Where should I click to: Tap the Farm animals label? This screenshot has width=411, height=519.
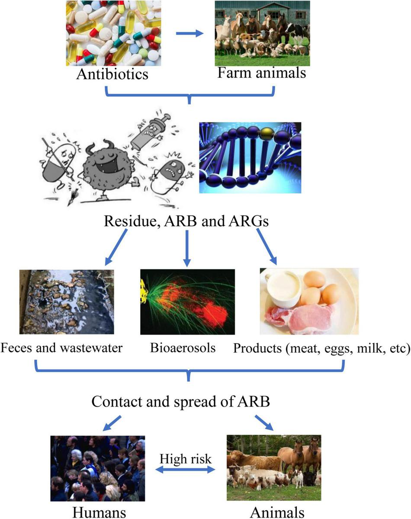(x=261, y=72)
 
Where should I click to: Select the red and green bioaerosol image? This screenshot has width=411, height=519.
(x=187, y=301)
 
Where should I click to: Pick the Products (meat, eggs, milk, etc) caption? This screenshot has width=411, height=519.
(x=321, y=348)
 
